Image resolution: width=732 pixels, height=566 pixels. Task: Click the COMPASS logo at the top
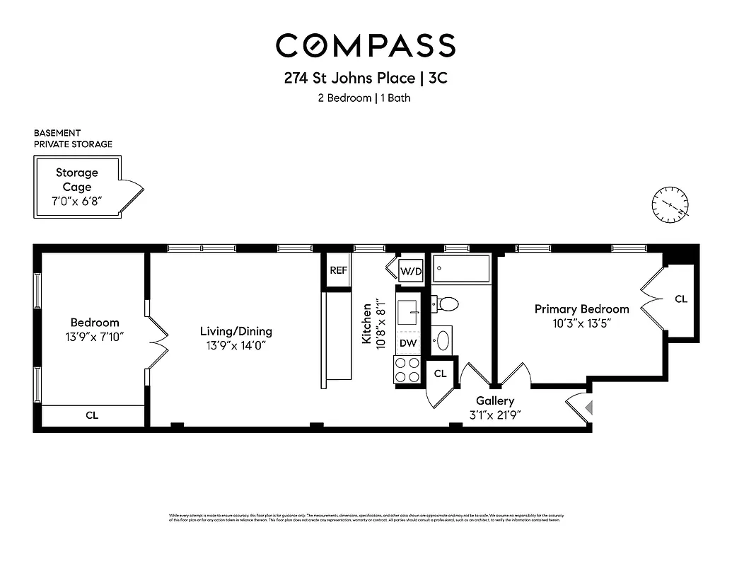366,45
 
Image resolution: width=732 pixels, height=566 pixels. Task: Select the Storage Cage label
77,180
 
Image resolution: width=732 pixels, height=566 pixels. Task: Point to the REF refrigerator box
338,270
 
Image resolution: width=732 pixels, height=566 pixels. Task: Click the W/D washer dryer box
410,271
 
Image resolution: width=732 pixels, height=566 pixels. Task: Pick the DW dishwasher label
408,343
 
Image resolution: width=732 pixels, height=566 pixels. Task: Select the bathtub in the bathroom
461,269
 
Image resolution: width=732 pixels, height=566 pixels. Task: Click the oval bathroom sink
443,340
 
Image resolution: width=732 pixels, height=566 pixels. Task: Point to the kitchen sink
408,312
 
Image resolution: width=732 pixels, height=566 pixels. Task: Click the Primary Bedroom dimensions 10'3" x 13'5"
581,323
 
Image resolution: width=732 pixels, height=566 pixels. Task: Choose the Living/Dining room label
236,331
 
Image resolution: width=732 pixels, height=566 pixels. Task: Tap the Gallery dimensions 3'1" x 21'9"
494,415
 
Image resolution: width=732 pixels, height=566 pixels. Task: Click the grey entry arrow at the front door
588,408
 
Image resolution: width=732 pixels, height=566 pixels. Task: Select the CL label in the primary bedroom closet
680,299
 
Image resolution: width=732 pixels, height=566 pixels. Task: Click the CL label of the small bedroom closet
92,415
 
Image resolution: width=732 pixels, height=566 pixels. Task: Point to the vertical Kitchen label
367,324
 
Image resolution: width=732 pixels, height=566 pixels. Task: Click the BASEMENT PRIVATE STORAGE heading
73,139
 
